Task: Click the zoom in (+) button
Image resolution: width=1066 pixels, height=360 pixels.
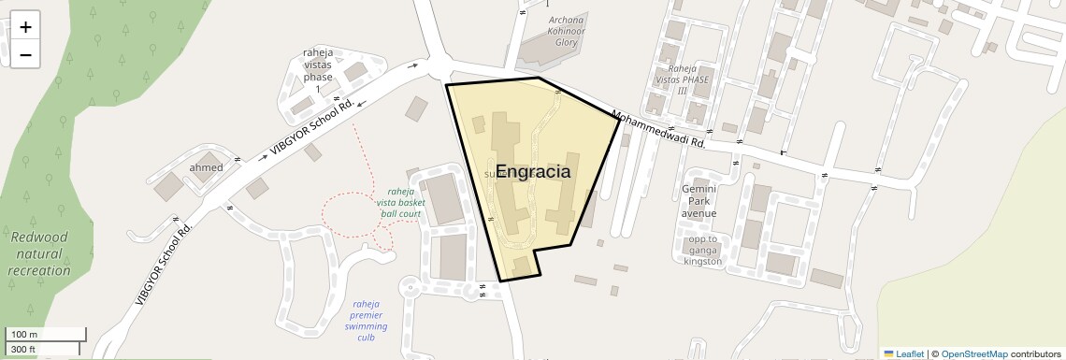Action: [25, 27]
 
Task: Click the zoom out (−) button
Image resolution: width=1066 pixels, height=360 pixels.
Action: [25, 54]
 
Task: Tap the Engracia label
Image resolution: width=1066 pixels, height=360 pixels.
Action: [533, 172]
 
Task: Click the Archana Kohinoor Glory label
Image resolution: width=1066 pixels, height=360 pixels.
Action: [567, 31]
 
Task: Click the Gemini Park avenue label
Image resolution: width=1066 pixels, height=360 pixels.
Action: [699, 200]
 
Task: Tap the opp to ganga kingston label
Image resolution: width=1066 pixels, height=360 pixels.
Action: [702, 250]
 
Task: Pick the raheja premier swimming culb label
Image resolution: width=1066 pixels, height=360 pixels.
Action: [366, 320]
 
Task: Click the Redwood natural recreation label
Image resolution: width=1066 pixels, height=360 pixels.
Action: [39, 253]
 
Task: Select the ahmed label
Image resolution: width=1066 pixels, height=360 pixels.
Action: [207, 167]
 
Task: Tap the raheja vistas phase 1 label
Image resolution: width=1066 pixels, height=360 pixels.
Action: [318, 70]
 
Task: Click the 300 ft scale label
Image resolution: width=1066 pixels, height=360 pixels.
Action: [23, 350]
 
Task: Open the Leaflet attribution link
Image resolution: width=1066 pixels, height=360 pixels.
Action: [903, 353]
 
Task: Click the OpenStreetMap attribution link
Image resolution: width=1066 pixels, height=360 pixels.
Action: [974, 353]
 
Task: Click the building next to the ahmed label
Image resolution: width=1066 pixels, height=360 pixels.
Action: [169, 185]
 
